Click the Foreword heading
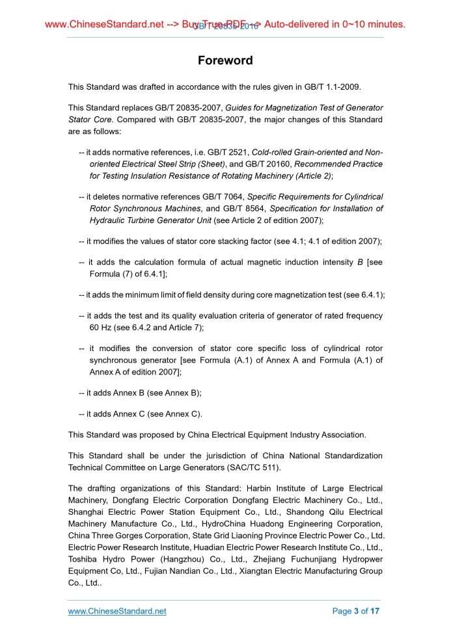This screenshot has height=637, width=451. pos(225,61)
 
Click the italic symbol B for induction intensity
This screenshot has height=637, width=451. pos(361,263)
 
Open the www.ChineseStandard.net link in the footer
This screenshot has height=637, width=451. pos(117,611)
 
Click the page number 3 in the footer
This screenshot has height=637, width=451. pos(357,611)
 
